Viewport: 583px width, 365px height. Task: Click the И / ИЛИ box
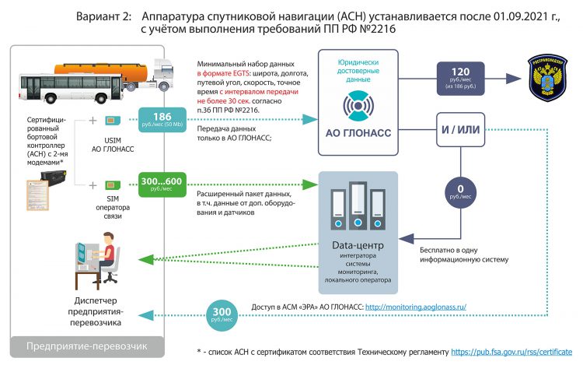tap(465, 127)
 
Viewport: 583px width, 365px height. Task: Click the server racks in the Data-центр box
tap(358, 210)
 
